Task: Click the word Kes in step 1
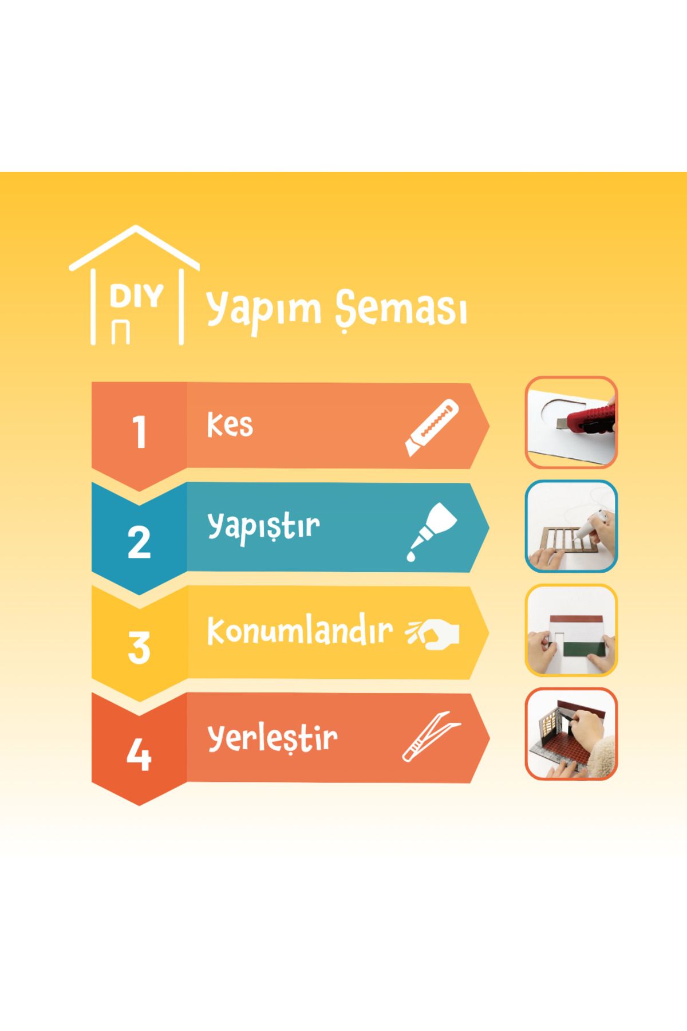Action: tap(230, 424)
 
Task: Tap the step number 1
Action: tap(139, 432)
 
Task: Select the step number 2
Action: tap(139, 542)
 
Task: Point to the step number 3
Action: tap(139, 648)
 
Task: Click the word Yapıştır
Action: tap(263, 525)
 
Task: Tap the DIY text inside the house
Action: tap(136, 297)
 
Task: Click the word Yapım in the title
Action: tap(264, 309)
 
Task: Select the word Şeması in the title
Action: tap(401, 310)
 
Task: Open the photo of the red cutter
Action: tap(571, 423)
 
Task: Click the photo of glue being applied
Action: tap(571, 526)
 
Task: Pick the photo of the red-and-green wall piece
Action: tap(571, 630)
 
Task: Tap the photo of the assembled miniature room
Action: tap(571, 734)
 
